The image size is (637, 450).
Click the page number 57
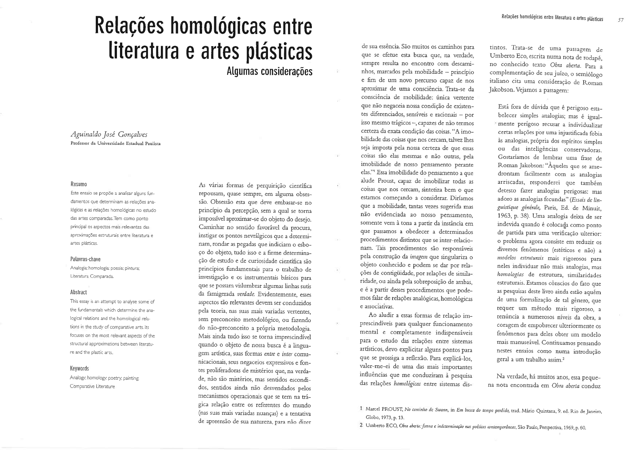pos(620,20)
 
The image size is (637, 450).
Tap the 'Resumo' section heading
pos(79,184)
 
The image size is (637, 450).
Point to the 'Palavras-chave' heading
pos(85,259)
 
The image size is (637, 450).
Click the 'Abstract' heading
pos(78,292)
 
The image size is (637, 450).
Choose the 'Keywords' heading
pos(79,368)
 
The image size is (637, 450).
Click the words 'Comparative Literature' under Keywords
pos(92,386)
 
